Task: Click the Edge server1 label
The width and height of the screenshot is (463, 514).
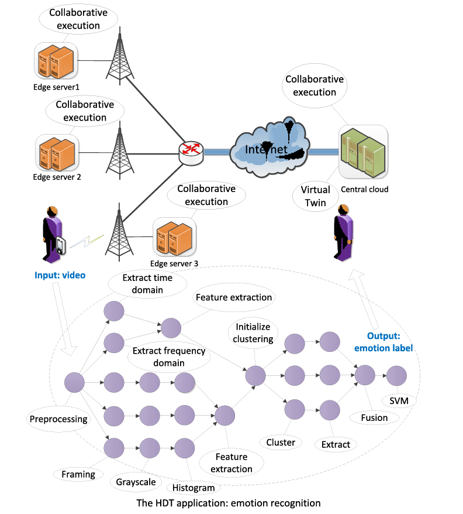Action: click(x=57, y=87)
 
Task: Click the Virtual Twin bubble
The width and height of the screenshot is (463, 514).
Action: click(x=316, y=195)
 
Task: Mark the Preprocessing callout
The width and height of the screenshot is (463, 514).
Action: click(x=58, y=419)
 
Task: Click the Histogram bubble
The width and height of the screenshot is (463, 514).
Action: click(x=194, y=488)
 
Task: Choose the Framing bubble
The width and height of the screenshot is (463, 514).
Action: click(x=78, y=474)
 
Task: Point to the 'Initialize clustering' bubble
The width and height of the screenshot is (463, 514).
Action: click(x=254, y=333)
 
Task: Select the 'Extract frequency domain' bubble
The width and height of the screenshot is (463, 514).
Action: click(x=169, y=357)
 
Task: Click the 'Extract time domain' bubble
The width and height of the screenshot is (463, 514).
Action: click(x=148, y=283)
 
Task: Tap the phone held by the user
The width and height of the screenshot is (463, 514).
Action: click(x=62, y=244)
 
